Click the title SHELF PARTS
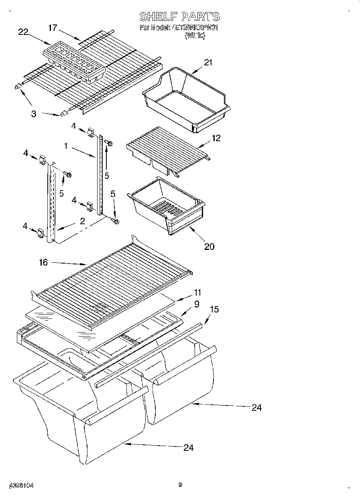pos(179,16)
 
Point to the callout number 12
pos(216,138)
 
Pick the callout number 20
pos(209,246)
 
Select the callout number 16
pos(43,262)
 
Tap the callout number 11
pos(197,292)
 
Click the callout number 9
pos(196,304)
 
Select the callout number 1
pos(65,146)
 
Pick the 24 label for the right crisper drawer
pos(256,408)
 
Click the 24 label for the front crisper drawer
pos(188,448)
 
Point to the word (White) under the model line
pos(195,36)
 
